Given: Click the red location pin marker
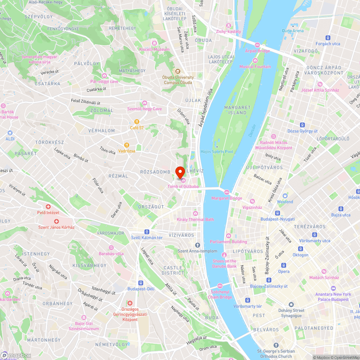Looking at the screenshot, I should point(180,171).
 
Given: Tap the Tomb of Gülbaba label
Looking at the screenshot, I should point(183,186).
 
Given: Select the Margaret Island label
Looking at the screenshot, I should point(237,110).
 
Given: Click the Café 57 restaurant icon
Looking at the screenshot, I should point(137,121).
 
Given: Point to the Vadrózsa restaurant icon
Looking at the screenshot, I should point(126,145).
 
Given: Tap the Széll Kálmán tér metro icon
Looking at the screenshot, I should point(147,231).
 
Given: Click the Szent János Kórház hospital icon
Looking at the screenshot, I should point(56,221).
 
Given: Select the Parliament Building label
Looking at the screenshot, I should point(229,242).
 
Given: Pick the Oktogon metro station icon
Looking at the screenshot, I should point(300,249).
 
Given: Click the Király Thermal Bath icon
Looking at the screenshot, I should point(195,213).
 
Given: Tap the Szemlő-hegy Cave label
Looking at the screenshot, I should point(144,109).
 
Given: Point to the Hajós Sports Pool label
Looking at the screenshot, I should point(217,152).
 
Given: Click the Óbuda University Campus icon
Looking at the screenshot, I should point(178,71).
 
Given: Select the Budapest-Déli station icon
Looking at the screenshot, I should point(141,283).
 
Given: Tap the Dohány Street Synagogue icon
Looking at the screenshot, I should point(291,304).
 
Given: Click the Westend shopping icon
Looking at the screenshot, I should point(285,195).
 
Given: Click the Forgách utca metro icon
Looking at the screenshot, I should point(328,37).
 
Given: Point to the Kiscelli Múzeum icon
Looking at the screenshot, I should point(154,43).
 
